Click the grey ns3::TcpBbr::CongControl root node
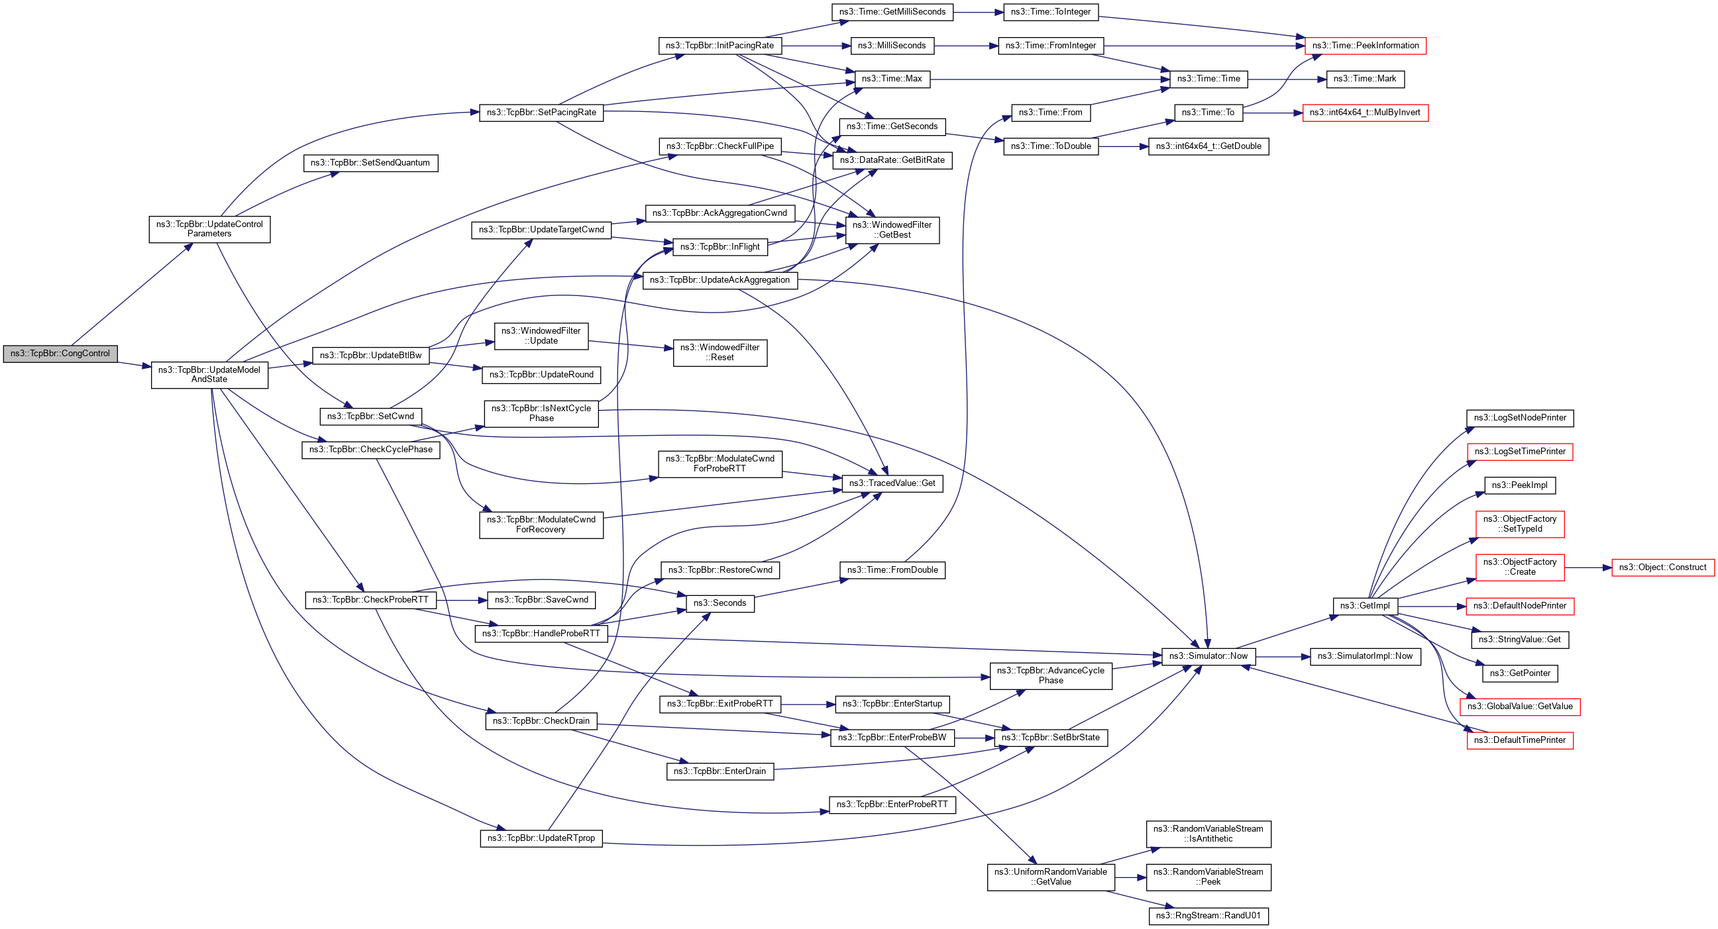60,354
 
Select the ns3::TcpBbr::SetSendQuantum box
370,163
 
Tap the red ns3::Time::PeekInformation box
1365,45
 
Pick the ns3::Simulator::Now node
1208,656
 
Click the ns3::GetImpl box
1365,606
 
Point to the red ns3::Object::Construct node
1662,568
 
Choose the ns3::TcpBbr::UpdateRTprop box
541,838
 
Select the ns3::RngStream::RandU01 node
1208,916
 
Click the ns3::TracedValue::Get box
892,483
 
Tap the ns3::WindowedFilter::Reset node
720,352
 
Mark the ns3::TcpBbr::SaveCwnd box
541,600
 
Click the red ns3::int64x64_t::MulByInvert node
1365,113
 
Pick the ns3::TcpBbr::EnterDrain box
720,771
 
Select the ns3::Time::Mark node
1365,79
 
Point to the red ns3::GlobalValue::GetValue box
1519,707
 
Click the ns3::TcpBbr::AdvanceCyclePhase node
1050,676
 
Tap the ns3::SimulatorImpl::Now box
1365,656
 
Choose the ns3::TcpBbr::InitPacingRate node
720,45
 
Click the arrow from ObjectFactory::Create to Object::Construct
1587,568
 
